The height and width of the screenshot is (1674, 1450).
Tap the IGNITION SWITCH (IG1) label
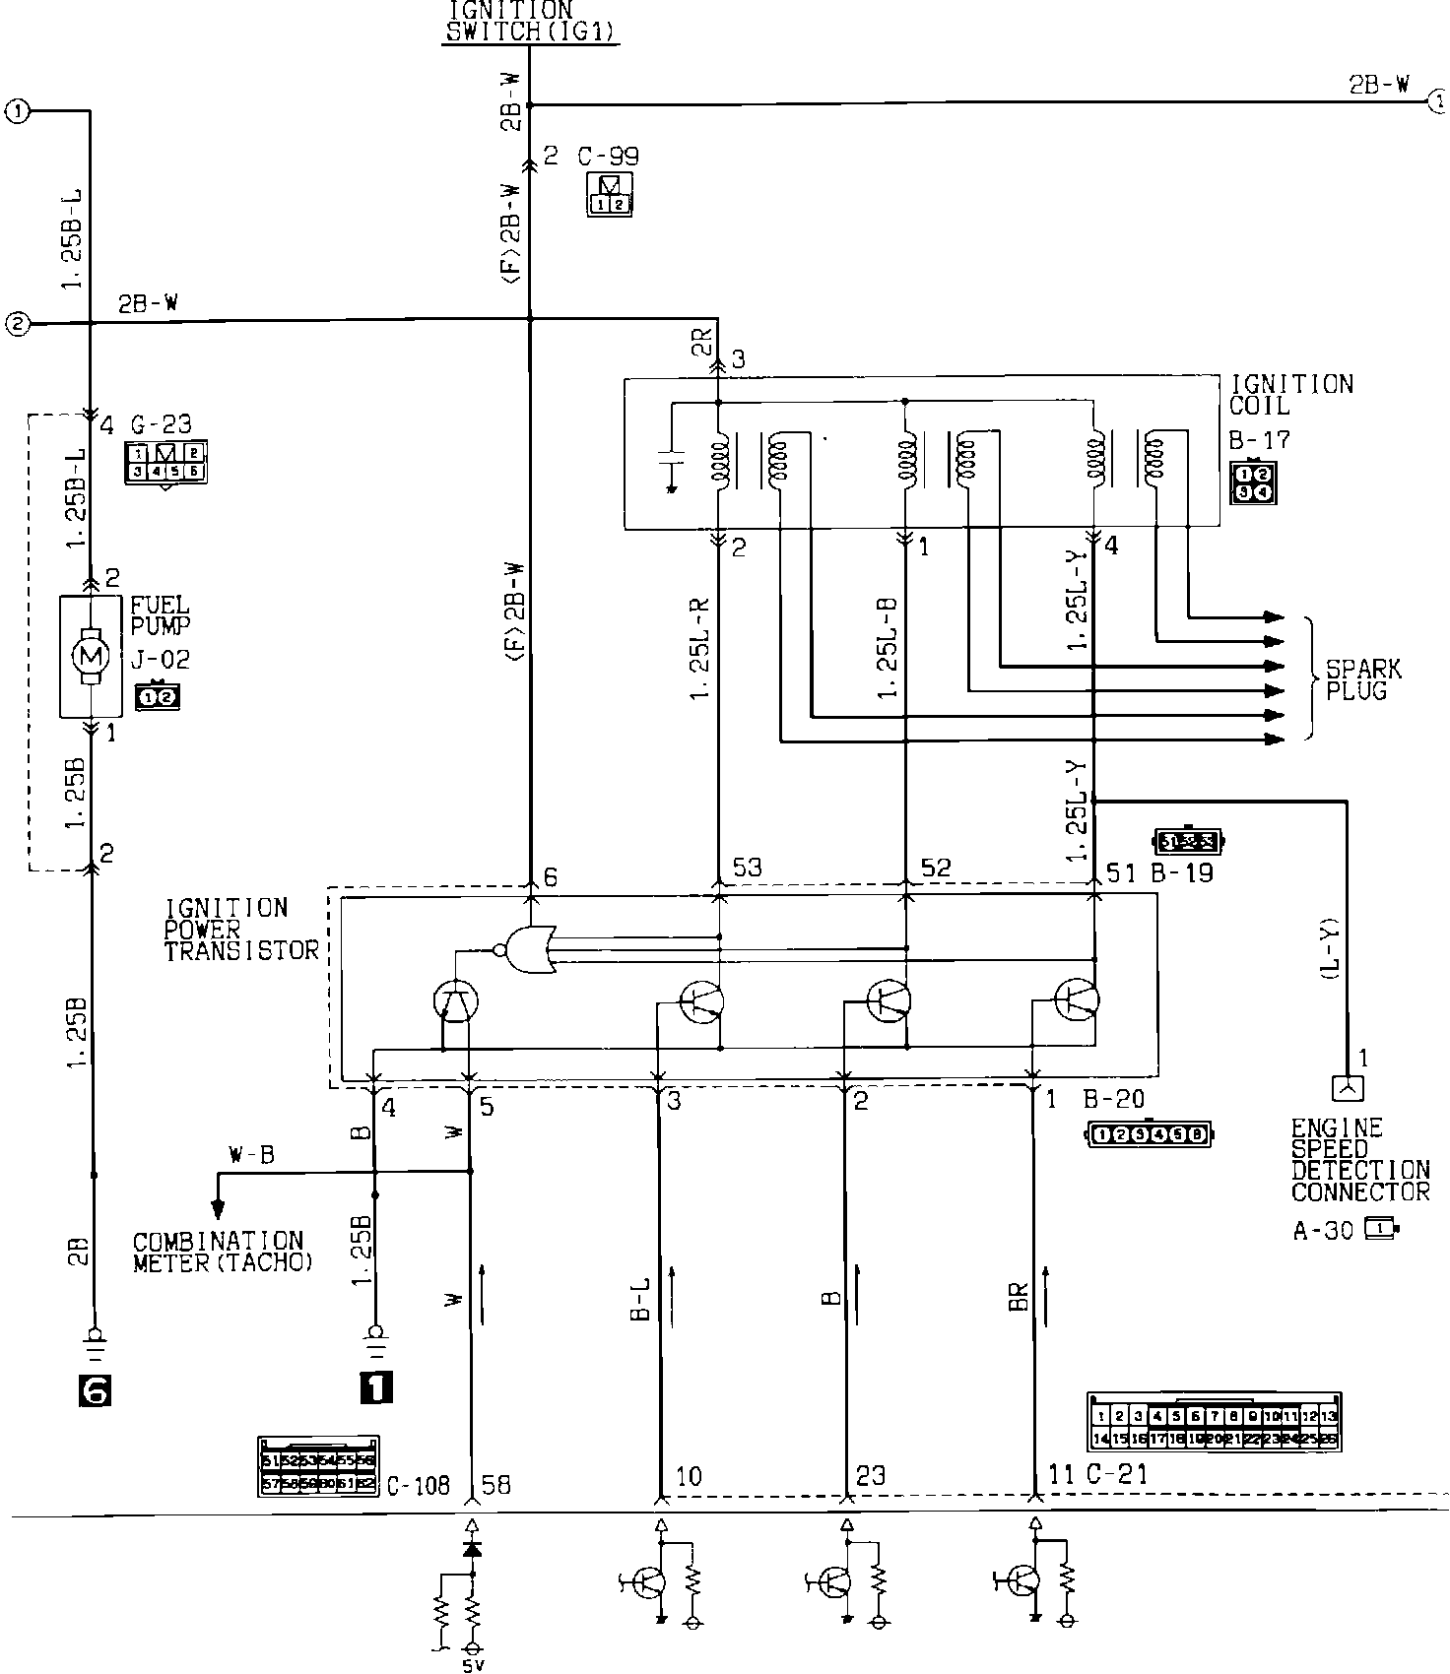pyautogui.click(x=531, y=21)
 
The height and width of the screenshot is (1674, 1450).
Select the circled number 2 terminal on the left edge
pyautogui.click(x=17, y=323)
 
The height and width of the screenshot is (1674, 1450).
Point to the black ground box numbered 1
pyautogui.click(x=377, y=1387)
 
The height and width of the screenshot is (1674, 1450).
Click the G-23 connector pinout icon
pyautogui.click(x=165, y=463)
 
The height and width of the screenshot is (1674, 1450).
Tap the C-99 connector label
pyautogui.click(x=608, y=157)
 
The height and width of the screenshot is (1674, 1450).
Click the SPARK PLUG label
pyautogui.click(x=1363, y=680)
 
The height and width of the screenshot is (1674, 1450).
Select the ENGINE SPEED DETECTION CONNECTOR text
pyautogui.click(x=1360, y=1160)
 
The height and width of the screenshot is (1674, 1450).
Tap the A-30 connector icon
pyautogui.click(x=1380, y=1229)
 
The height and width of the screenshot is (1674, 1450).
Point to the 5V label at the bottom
pyautogui.click(x=472, y=1664)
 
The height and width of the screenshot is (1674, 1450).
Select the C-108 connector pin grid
pyautogui.click(x=318, y=1469)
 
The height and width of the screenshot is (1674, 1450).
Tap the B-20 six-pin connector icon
pyautogui.click(x=1150, y=1134)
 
